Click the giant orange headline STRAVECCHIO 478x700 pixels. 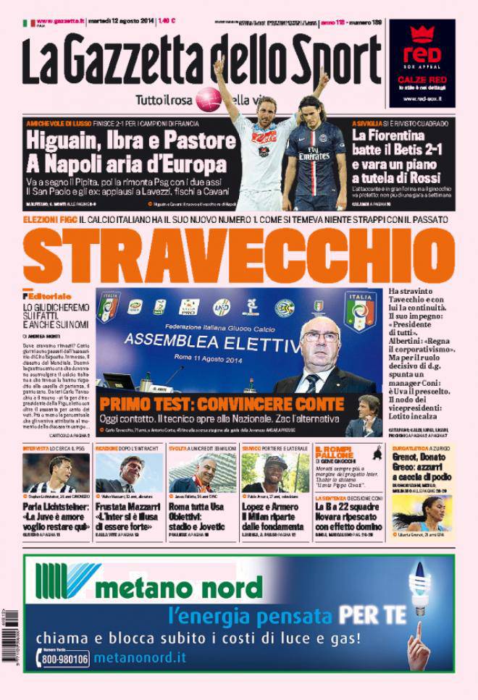[240, 255]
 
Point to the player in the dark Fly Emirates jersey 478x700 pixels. [314, 152]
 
